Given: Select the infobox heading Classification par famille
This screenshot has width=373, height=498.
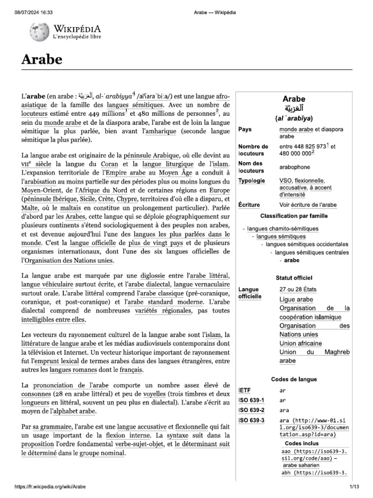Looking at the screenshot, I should (294, 215).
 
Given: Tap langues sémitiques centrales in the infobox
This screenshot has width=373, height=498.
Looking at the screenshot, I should (312, 252).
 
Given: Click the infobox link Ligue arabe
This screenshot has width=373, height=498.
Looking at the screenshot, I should (296, 299).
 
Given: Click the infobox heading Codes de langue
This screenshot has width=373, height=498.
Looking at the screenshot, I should (294, 379).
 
